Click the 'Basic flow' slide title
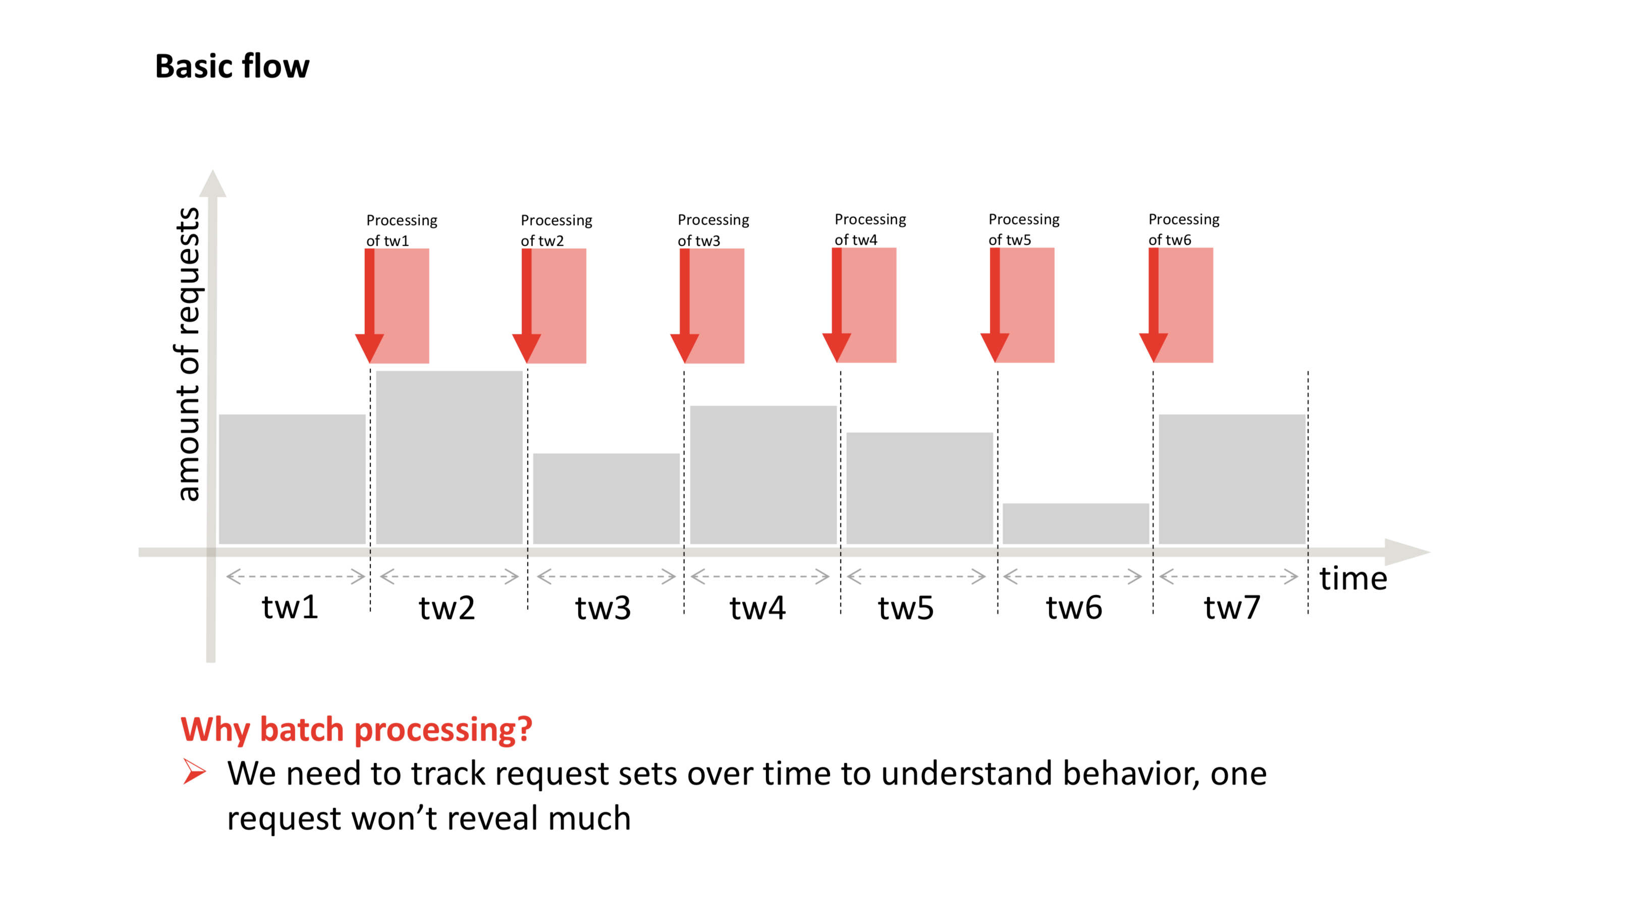pos(232,67)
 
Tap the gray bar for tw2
pos(449,457)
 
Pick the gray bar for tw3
pos(606,498)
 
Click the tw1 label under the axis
pos(290,607)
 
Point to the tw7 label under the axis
pos(1231,607)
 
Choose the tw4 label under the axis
pos(757,607)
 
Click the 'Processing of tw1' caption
pos(401,231)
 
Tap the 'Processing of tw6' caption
pos(1183,229)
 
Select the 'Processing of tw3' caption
pos(713,229)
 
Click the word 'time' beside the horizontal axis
pos(1353,578)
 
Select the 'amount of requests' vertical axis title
pos(188,354)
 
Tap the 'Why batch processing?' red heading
pos(356,729)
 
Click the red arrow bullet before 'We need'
pos(194,771)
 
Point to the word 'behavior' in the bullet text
pos(1130,774)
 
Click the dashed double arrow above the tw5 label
pos(915,577)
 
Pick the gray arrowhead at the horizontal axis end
pos(1406,552)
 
